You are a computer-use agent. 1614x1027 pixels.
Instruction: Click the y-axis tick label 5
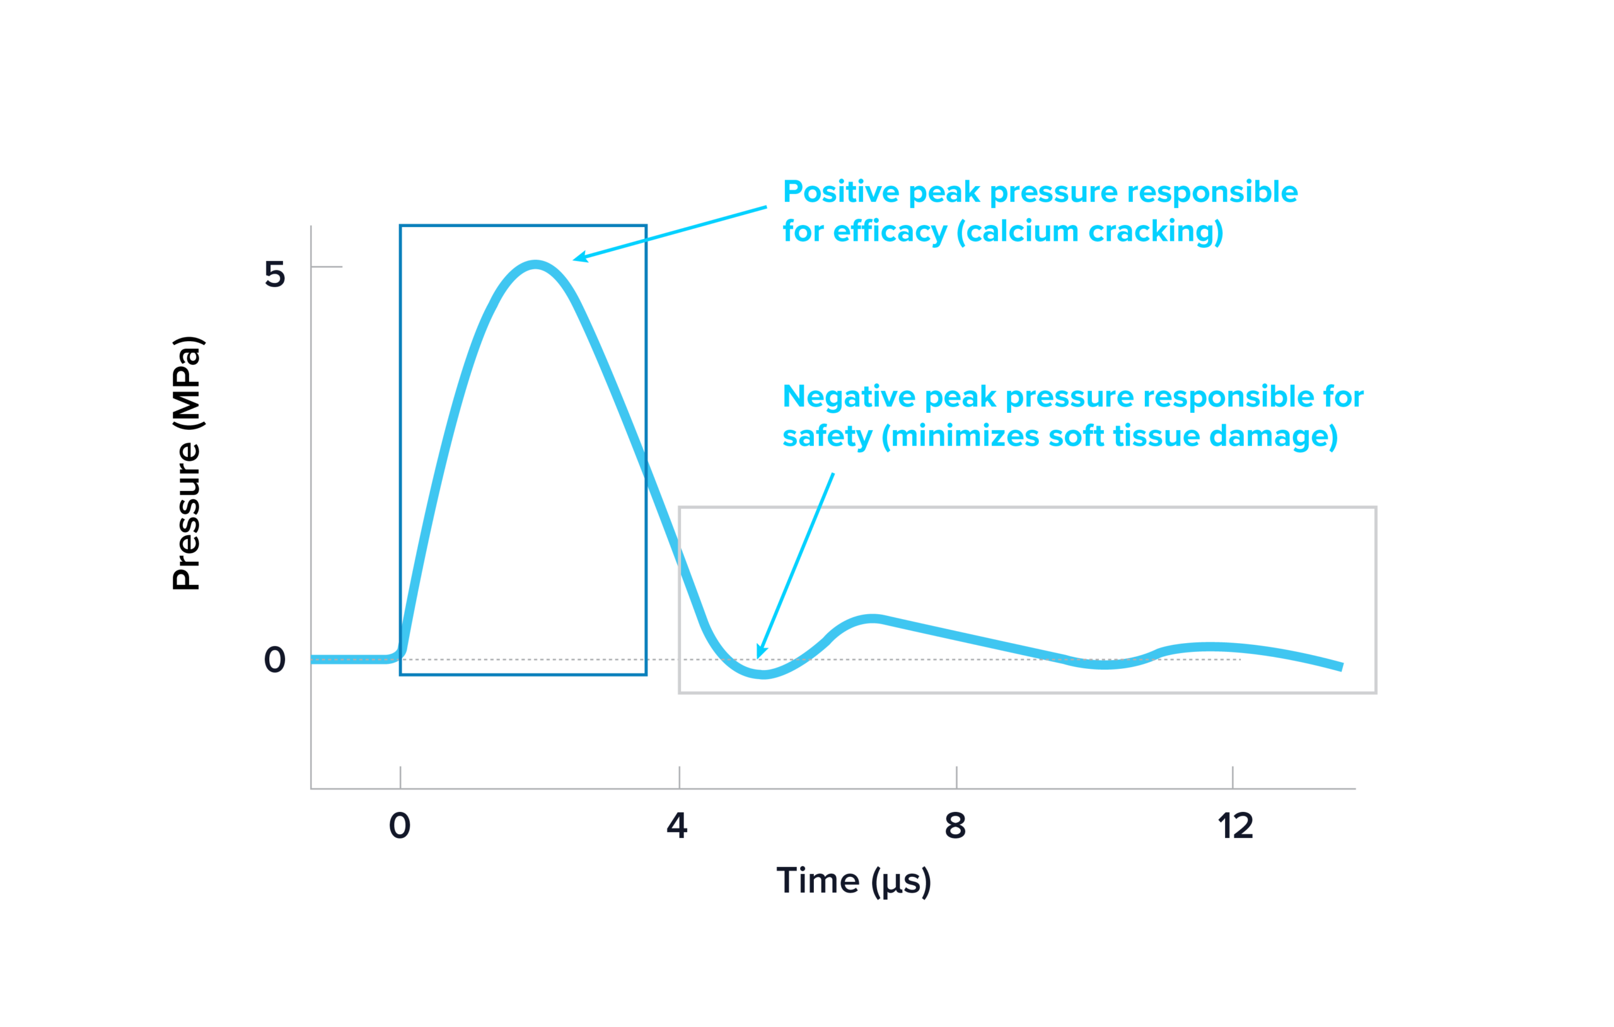pos(275,274)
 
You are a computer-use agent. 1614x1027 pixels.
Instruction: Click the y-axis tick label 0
pos(275,659)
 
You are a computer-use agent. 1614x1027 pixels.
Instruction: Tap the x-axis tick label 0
pos(400,825)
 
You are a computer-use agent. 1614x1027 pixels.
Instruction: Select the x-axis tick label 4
pos(677,825)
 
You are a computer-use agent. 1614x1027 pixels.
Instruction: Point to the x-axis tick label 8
pos(955,825)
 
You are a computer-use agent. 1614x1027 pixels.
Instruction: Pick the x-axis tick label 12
pos(1235,825)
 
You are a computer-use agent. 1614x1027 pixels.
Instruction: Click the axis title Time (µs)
pos(854,881)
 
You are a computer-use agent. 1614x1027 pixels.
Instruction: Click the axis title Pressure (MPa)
pos(187,463)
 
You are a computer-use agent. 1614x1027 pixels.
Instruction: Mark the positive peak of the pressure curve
pos(534,265)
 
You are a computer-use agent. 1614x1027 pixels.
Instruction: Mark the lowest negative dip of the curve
pos(763,674)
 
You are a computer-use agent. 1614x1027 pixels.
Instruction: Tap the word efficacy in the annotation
pos(890,232)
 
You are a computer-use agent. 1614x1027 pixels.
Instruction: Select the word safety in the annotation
pos(827,436)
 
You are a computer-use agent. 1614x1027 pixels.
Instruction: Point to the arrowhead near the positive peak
pos(578,257)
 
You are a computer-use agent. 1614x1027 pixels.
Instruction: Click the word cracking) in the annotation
pos(1156,232)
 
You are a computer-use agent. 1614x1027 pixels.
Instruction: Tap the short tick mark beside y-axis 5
pos(327,267)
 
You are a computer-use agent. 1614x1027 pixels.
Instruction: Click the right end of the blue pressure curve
pos(1341,667)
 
